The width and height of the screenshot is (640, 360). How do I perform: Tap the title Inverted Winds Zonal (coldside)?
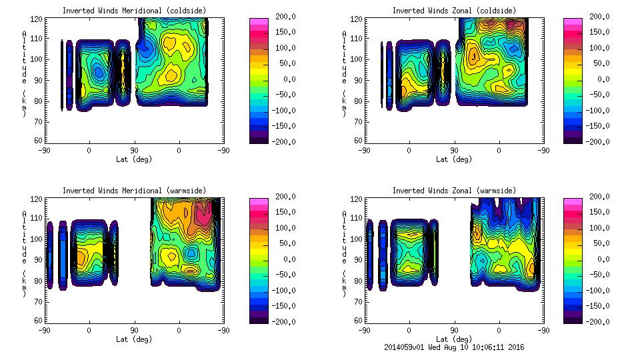pyautogui.click(x=453, y=11)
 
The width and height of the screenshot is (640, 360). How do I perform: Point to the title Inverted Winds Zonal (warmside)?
pyautogui.click(x=453, y=191)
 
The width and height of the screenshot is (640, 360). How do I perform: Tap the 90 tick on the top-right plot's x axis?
pyautogui.click(x=454, y=150)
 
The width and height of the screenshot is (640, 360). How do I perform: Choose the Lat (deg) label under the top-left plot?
pyautogui.click(x=133, y=159)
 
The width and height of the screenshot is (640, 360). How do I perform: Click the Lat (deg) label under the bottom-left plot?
pyautogui.click(x=133, y=339)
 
